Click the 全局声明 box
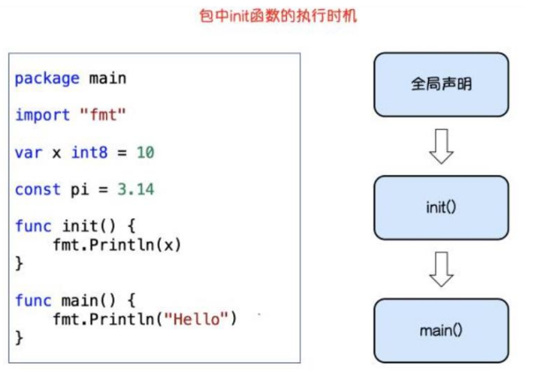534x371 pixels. click(x=440, y=83)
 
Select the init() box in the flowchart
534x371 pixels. click(x=440, y=207)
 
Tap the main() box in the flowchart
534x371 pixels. click(x=440, y=330)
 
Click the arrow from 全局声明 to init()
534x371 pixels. click(x=441, y=146)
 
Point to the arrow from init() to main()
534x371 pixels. click(x=441, y=270)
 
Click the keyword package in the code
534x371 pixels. click(x=47, y=78)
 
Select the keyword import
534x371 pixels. click(x=42, y=115)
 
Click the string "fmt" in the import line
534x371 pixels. click(x=103, y=115)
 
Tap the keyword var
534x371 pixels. click(x=28, y=152)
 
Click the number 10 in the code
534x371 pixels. click(x=145, y=152)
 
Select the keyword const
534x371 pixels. click(x=37, y=189)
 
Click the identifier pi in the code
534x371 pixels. click(x=80, y=189)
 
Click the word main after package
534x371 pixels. click(x=108, y=78)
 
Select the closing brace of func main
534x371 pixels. click(x=19, y=337)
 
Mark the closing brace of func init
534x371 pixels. click(x=19, y=263)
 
